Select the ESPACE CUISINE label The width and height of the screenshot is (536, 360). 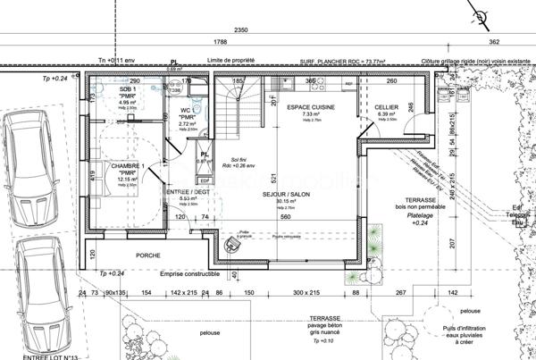coord(310,106)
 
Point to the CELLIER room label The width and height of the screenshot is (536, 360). coord(387,106)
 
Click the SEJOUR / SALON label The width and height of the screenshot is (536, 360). coord(286,194)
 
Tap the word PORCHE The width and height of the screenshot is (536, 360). coord(147,255)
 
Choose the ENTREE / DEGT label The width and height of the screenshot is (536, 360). coord(187,193)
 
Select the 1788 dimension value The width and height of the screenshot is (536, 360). coord(219,42)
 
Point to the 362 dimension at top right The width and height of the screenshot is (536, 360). coord(494,42)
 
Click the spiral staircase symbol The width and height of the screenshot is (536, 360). coord(251,98)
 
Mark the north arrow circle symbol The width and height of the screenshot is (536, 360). coord(482,17)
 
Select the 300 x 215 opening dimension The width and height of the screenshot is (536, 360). coord(306,293)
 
